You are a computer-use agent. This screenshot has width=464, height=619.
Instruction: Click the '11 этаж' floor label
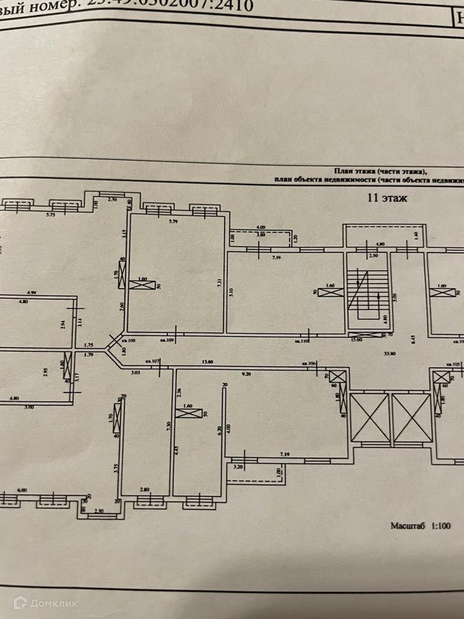pyautogui.click(x=387, y=197)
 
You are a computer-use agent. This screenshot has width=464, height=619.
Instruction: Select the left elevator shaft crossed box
pyautogui.click(x=370, y=417)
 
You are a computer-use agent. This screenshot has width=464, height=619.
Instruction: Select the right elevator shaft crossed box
pyautogui.click(x=411, y=417)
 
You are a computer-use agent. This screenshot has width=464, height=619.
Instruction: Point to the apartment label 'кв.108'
pyautogui.click(x=129, y=341)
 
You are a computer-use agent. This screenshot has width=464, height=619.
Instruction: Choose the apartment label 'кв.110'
pyautogui.click(x=302, y=341)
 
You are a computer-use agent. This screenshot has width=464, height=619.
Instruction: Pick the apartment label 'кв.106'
pyautogui.click(x=309, y=364)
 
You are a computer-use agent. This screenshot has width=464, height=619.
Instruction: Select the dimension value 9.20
pyautogui.click(x=246, y=375)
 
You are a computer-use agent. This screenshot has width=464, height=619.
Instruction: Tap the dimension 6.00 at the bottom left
pyautogui.click(x=22, y=490)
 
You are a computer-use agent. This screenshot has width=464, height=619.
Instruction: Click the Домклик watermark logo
pyautogui.click(x=45, y=602)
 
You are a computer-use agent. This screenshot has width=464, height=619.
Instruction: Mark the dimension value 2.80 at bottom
pyautogui.click(x=144, y=489)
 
